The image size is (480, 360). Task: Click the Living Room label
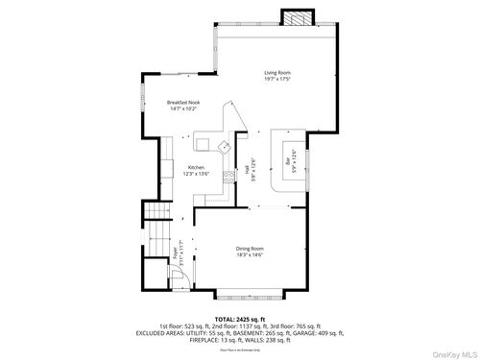coord(277,72)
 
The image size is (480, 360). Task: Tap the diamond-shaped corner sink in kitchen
coord(224,146)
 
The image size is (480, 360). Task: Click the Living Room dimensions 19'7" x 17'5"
coord(277,79)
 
